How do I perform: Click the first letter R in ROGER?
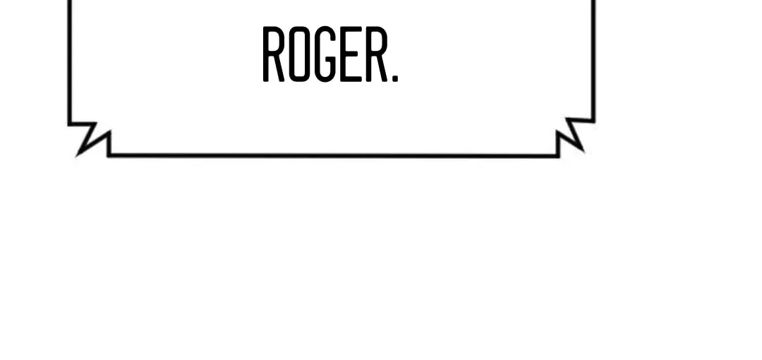273,54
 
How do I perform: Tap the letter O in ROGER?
299,54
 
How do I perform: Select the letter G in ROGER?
325,54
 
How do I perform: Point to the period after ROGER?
394,78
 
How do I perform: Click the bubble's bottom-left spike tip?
78,156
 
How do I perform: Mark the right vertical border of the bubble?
593,60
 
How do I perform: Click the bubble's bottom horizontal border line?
333,156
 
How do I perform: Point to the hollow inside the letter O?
299,54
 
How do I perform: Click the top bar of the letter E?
351,29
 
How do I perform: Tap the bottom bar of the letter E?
351,78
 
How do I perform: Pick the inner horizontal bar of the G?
330,57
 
